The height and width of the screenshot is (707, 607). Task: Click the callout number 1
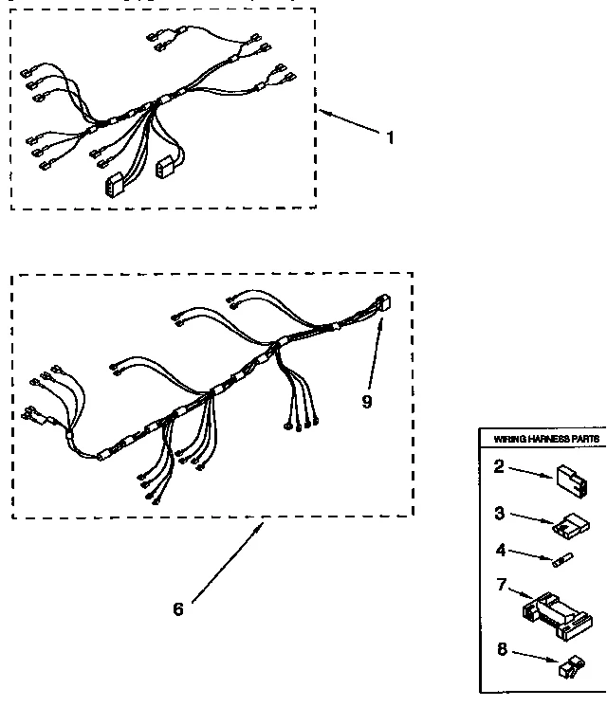pos(389,137)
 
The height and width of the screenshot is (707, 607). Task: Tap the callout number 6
pos(177,608)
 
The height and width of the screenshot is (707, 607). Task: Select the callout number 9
pos(366,400)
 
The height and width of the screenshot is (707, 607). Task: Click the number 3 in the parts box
pos(499,515)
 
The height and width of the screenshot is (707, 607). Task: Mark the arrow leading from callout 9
pos(377,351)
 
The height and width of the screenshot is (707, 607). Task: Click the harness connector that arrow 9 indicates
pos(385,305)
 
